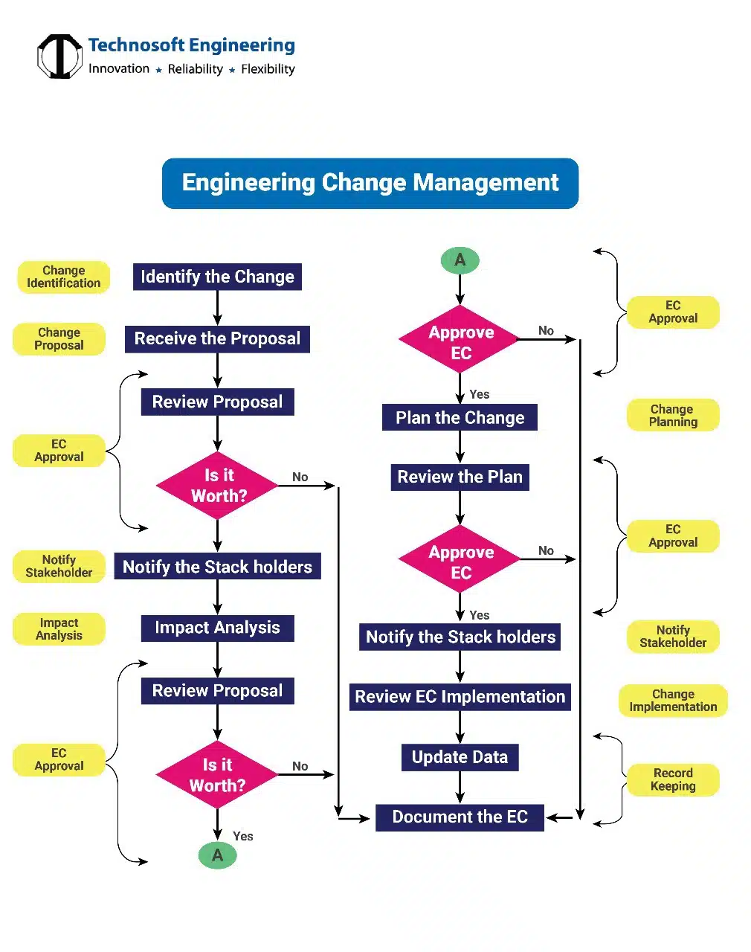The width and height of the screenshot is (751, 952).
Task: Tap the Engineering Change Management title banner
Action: tap(370, 183)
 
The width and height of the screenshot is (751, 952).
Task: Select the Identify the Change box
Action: tap(217, 277)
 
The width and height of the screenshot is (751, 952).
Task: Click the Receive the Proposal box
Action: tap(217, 339)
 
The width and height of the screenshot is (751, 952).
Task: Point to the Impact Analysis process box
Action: tap(217, 628)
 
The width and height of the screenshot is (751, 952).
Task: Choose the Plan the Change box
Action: tap(460, 418)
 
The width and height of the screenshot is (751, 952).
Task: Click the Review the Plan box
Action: tap(460, 477)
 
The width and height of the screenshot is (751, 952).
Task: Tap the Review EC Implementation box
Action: tap(460, 697)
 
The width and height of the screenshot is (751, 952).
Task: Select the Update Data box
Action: tap(460, 757)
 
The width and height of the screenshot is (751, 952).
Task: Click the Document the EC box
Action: tap(460, 817)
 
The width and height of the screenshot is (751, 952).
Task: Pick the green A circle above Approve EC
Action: tap(460, 260)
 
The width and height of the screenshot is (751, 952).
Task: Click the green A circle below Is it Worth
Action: tap(217, 855)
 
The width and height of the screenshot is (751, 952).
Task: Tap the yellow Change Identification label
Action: tap(64, 277)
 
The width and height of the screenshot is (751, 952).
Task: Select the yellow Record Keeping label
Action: tap(673, 779)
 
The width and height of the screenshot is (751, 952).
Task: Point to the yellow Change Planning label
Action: tap(673, 415)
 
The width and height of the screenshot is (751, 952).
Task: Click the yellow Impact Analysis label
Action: tap(59, 629)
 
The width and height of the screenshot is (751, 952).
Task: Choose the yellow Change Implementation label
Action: tap(673, 701)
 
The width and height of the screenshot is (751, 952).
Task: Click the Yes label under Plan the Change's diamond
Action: tap(480, 615)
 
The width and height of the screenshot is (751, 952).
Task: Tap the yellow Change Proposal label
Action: tap(59, 339)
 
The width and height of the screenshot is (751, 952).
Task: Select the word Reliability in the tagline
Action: tap(195, 69)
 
